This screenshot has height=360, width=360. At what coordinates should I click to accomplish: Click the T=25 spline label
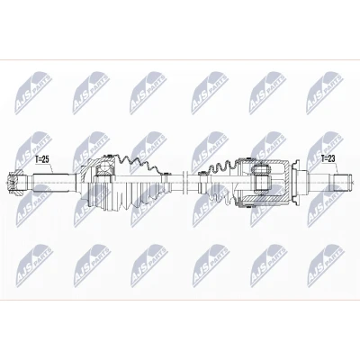click(41, 160)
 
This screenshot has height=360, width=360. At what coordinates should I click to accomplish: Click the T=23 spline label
click(328, 158)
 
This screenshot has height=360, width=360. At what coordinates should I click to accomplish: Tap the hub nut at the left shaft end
click(15, 182)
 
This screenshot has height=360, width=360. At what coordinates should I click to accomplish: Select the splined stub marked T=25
click(53, 183)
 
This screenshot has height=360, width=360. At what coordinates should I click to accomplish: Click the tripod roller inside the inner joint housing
click(260, 179)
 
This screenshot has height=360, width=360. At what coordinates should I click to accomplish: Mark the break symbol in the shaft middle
click(184, 182)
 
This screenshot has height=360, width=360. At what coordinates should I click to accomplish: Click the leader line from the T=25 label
click(50, 168)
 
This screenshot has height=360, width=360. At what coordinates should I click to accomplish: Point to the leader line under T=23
click(337, 168)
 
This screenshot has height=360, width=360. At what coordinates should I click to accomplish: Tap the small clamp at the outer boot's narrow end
click(164, 174)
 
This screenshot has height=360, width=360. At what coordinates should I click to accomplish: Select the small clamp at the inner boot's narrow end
click(202, 173)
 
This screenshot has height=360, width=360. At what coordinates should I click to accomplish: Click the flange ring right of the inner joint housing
click(294, 182)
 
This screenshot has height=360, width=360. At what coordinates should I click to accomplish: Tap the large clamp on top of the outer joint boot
click(108, 156)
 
